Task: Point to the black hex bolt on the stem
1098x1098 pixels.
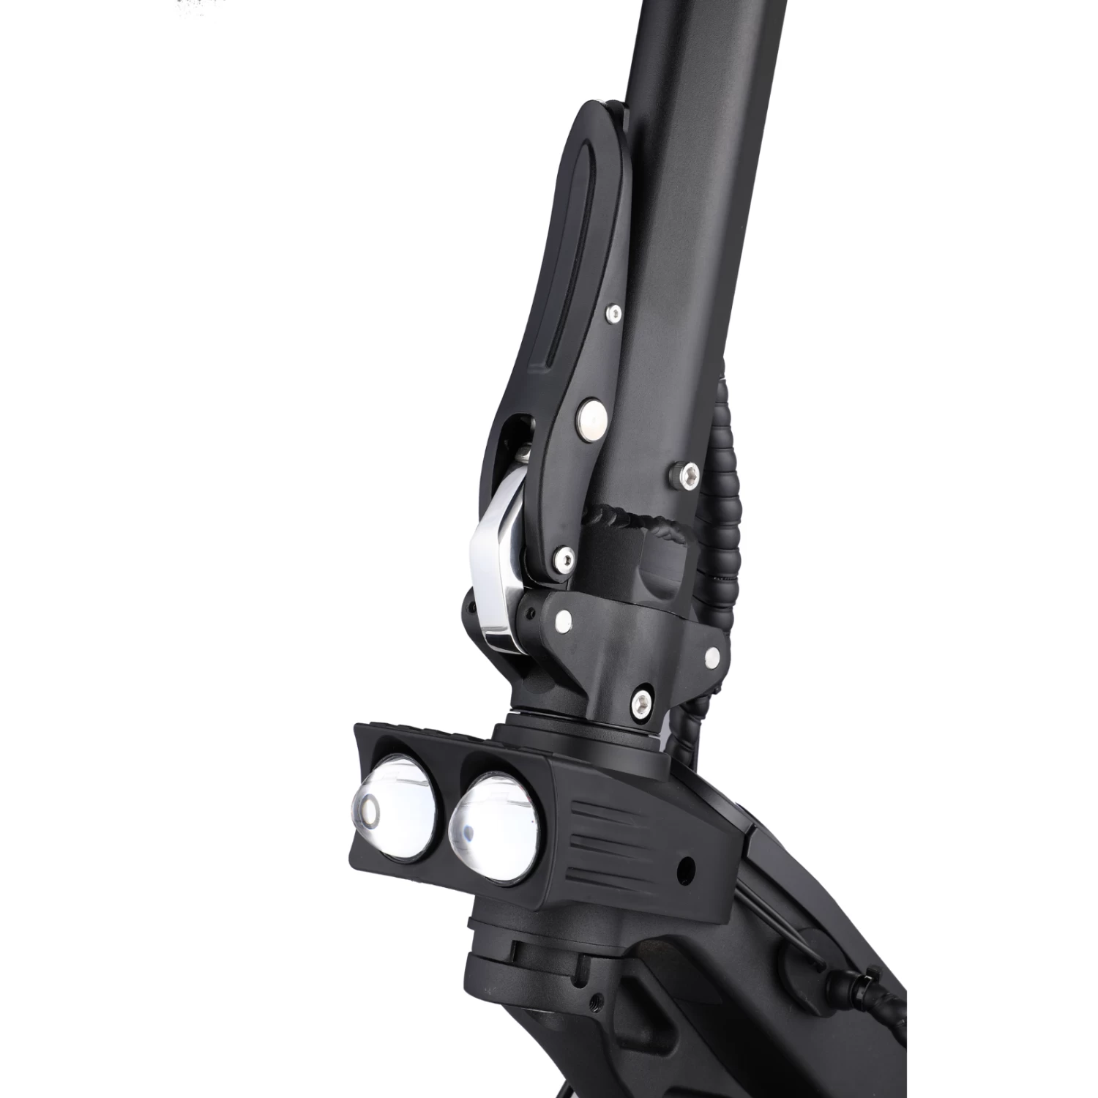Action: pyautogui.click(x=687, y=474)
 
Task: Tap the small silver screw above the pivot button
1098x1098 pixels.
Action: pyautogui.click(x=613, y=313)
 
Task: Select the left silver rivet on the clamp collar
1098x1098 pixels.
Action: pyautogui.click(x=564, y=621)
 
